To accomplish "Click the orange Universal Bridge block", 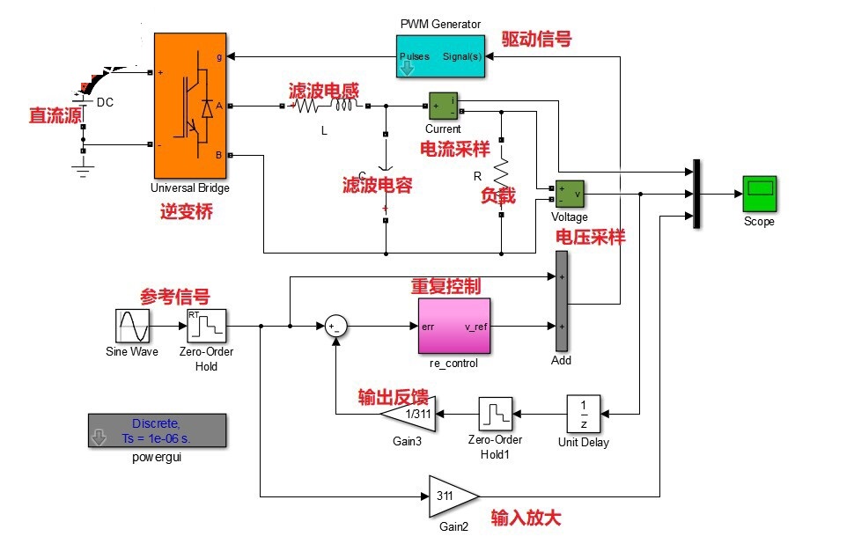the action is pyautogui.click(x=190, y=105).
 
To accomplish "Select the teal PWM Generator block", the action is pyautogui.click(x=440, y=56).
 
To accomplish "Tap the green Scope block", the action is pyautogui.click(x=759, y=194).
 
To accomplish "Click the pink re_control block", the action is pyautogui.click(x=453, y=326).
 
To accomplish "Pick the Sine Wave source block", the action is pyautogui.click(x=132, y=326).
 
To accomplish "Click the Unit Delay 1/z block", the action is pyautogui.click(x=584, y=414).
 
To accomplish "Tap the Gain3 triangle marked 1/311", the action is pyautogui.click(x=409, y=414).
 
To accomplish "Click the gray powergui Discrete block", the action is pyautogui.click(x=157, y=430).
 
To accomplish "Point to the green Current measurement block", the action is pyautogui.click(x=443, y=106).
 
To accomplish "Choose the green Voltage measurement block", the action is pyautogui.click(x=570, y=194).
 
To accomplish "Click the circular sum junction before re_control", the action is pyautogui.click(x=335, y=327).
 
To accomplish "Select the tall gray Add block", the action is pyautogui.click(x=562, y=301).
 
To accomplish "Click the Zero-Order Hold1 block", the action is pyautogui.click(x=495, y=414).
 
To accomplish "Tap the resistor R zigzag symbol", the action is pyautogui.click(x=501, y=173).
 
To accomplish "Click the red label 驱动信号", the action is pyautogui.click(x=536, y=40).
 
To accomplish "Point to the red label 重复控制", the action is pyautogui.click(x=445, y=286).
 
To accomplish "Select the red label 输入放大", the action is pyautogui.click(x=526, y=518).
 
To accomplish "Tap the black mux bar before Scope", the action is pyautogui.click(x=696, y=194).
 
